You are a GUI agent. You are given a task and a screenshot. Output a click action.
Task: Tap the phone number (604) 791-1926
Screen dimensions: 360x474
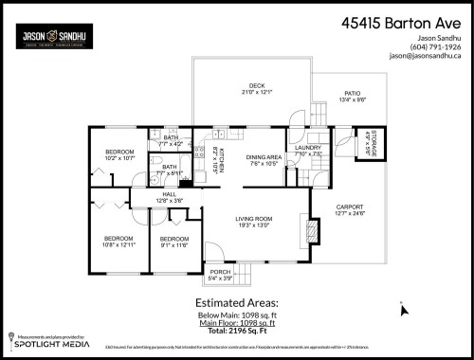(x=435, y=45)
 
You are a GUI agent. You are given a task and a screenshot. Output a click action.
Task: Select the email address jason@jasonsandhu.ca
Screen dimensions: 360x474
(x=425, y=55)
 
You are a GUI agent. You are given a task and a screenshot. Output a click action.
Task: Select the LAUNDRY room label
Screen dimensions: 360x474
(x=309, y=148)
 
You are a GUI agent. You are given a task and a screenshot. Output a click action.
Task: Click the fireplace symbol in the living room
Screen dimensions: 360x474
(x=303, y=229)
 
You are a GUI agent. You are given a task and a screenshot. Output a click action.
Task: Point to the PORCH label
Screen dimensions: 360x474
(x=220, y=271)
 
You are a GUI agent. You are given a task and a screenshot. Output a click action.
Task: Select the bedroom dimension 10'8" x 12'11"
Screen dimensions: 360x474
(x=118, y=244)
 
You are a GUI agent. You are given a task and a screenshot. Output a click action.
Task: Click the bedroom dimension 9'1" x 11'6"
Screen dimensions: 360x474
(x=173, y=244)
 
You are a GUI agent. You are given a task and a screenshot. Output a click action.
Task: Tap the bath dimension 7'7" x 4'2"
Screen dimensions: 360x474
(x=171, y=144)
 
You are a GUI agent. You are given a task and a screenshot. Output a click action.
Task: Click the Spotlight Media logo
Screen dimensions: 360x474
(x=42, y=344)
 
